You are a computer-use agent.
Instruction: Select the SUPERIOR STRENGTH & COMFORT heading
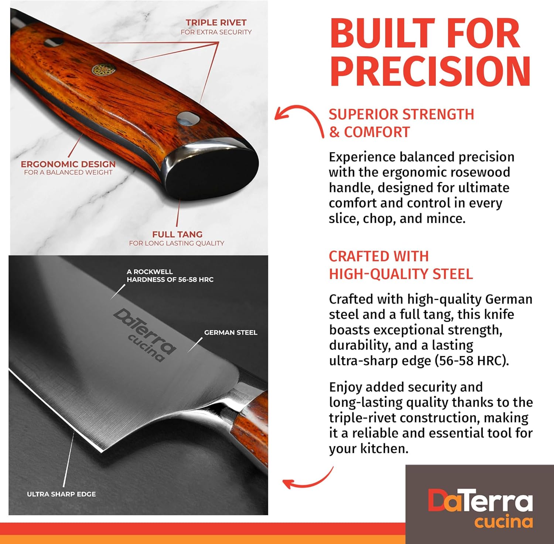click(401, 123)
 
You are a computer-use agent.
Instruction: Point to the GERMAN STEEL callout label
click(230, 333)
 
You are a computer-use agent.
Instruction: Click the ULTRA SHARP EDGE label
click(61, 494)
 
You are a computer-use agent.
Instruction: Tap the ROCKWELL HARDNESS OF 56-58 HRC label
click(170, 276)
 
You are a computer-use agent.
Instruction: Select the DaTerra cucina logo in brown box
click(480, 508)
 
